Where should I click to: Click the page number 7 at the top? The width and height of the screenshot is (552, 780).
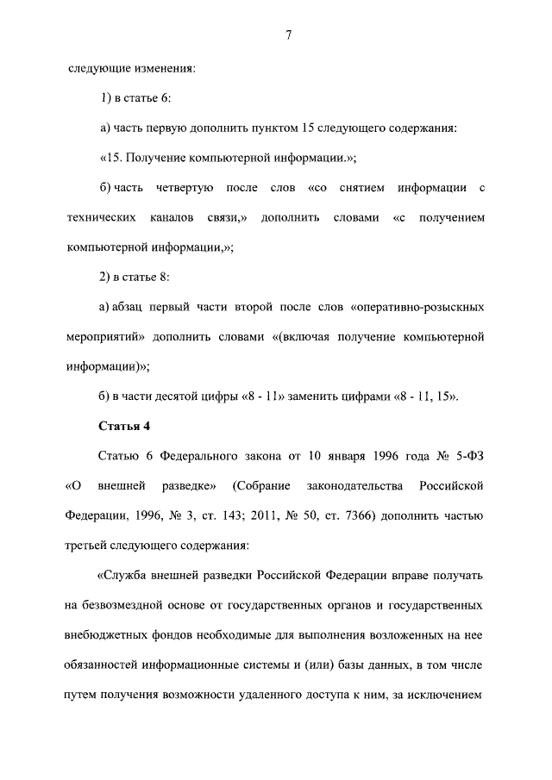tap(288, 35)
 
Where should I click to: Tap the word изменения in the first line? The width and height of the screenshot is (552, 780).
tap(164, 68)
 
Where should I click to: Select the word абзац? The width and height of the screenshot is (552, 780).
tap(129, 307)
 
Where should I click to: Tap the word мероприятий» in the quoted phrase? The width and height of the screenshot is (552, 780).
tap(104, 336)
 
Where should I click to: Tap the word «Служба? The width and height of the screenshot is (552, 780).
tap(125, 575)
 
